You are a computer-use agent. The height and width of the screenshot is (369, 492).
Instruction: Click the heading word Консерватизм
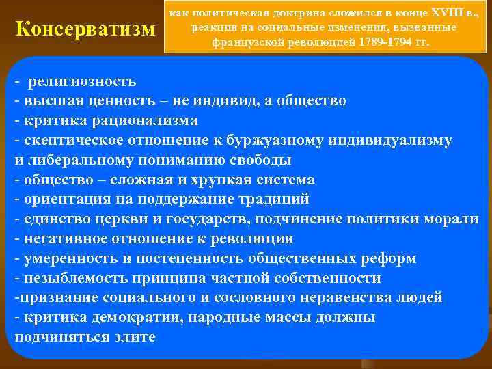[x=85, y=30]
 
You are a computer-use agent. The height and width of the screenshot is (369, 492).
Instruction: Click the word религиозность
[x=82, y=81]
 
